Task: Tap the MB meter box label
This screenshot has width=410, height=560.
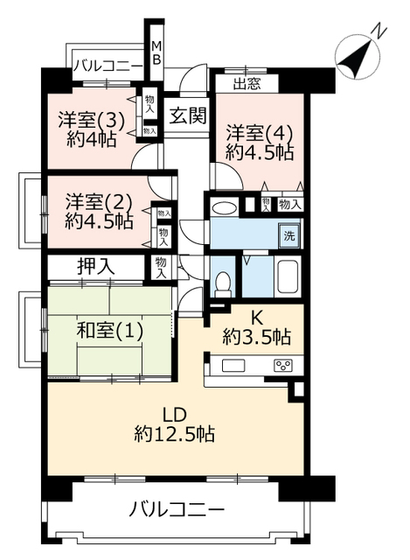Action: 156,52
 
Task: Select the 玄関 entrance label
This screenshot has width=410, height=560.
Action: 188,115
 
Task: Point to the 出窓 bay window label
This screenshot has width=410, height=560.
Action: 247,84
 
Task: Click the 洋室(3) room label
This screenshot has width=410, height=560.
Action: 92,121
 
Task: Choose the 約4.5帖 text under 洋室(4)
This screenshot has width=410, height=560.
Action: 260,153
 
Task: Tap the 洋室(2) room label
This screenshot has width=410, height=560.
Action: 99,203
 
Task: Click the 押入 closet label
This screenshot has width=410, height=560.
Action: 96,266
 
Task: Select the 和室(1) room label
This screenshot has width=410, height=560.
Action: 110,331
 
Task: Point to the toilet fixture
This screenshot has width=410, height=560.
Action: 224,284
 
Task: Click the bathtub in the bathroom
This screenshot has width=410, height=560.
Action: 288,277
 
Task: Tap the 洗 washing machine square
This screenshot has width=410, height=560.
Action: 289,235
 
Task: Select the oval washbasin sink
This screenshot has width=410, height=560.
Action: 224,208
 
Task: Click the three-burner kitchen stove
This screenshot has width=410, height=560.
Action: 283,365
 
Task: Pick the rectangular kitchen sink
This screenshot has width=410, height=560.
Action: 233,366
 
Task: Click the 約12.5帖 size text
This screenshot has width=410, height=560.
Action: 175,434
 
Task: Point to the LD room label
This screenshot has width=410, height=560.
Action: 175,415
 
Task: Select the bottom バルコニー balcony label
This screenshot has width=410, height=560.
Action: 177,509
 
